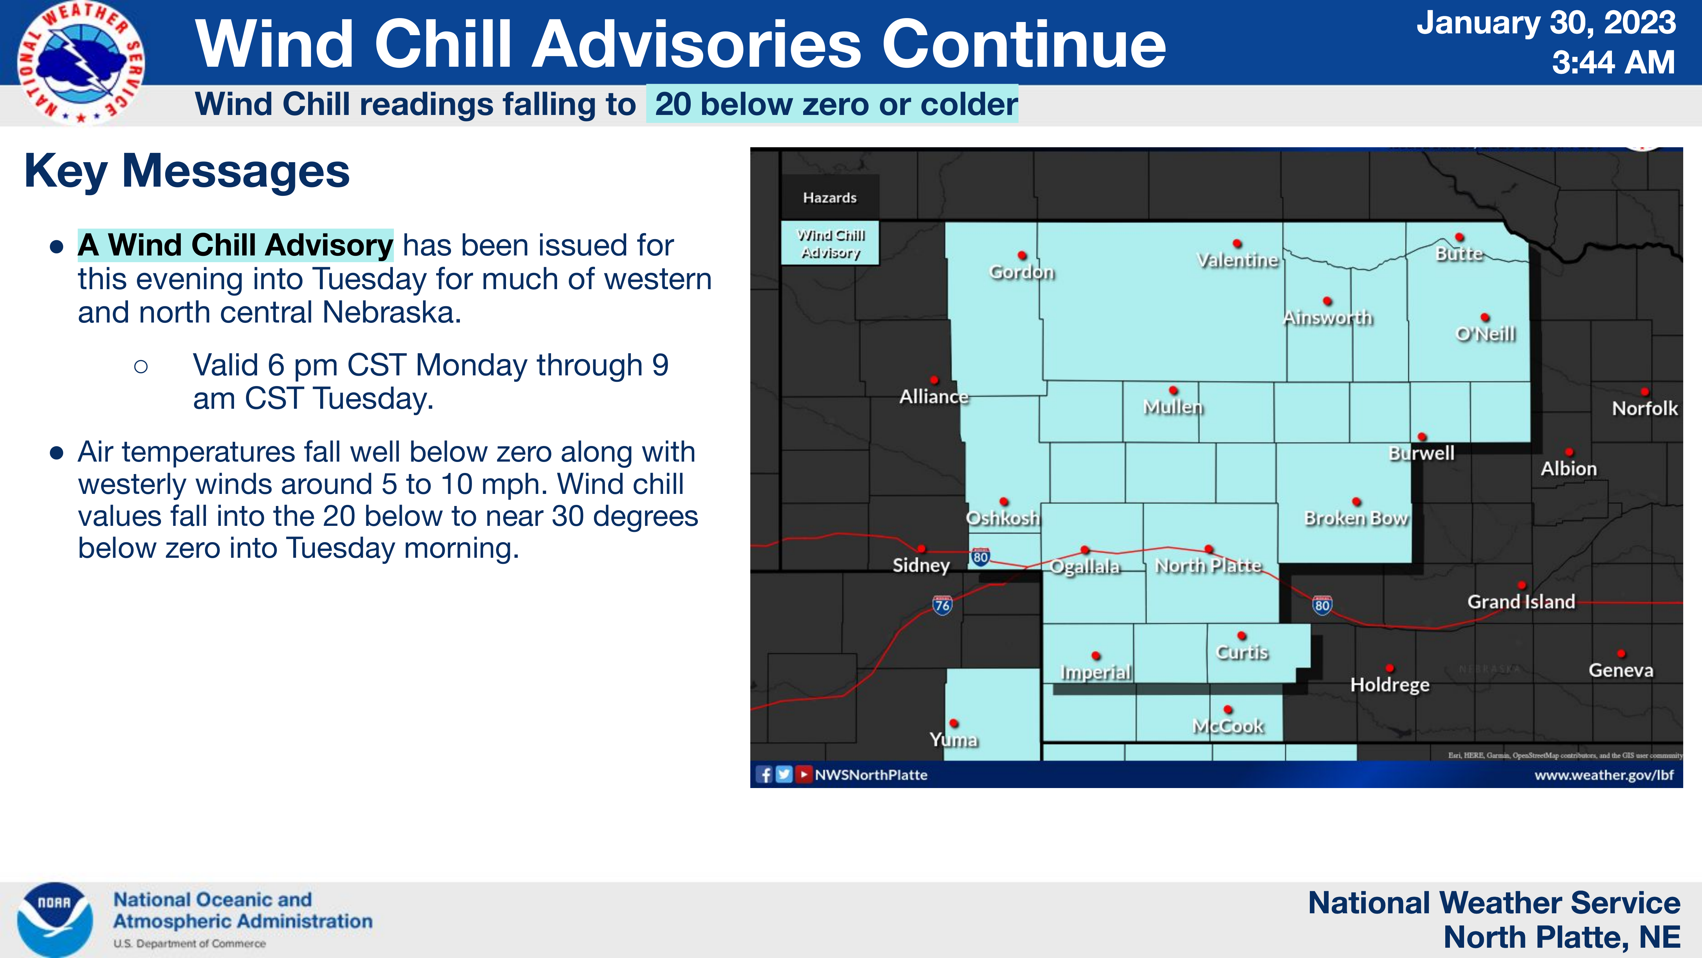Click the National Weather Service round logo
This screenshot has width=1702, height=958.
coord(80,63)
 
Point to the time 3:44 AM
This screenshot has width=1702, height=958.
coord(1613,63)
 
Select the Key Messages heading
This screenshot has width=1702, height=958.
coord(187,171)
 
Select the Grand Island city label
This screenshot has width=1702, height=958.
coord(1521,602)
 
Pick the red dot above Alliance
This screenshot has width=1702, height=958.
coord(934,380)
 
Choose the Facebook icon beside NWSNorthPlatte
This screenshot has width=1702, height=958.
coord(764,774)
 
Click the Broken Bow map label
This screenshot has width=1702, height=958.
coord(1356,518)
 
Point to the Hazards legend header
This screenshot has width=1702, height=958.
coord(830,198)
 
